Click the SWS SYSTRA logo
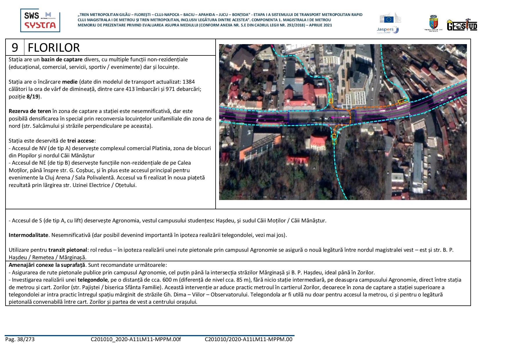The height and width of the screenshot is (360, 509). pos(40,20)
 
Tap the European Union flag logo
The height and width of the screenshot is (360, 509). pos(389,19)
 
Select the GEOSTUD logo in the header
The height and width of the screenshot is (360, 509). pos(462,25)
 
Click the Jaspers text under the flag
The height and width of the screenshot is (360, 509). pos(385,29)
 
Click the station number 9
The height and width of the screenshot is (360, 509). pos(15,47)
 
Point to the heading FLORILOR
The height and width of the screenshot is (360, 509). pos(54,48)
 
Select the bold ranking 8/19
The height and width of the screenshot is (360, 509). pos(33,97)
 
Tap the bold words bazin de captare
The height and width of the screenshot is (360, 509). pos(62,60)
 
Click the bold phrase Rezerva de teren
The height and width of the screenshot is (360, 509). pos(30,111)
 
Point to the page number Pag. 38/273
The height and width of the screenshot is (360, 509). pos(20,339)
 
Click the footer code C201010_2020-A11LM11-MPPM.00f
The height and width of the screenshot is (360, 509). pos(136,339)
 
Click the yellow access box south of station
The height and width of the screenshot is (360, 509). pos(334,139)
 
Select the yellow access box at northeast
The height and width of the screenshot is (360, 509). pos(403,101)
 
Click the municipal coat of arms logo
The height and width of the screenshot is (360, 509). pos(433,23)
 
